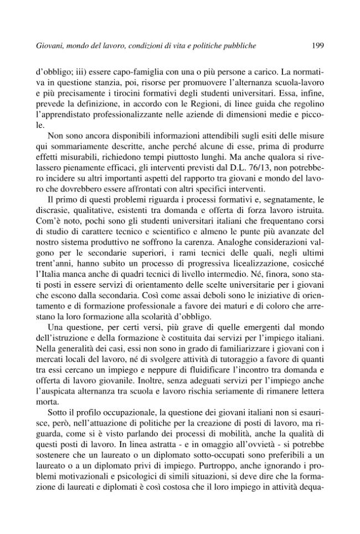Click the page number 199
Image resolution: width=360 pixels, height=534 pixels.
[317, 46]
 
